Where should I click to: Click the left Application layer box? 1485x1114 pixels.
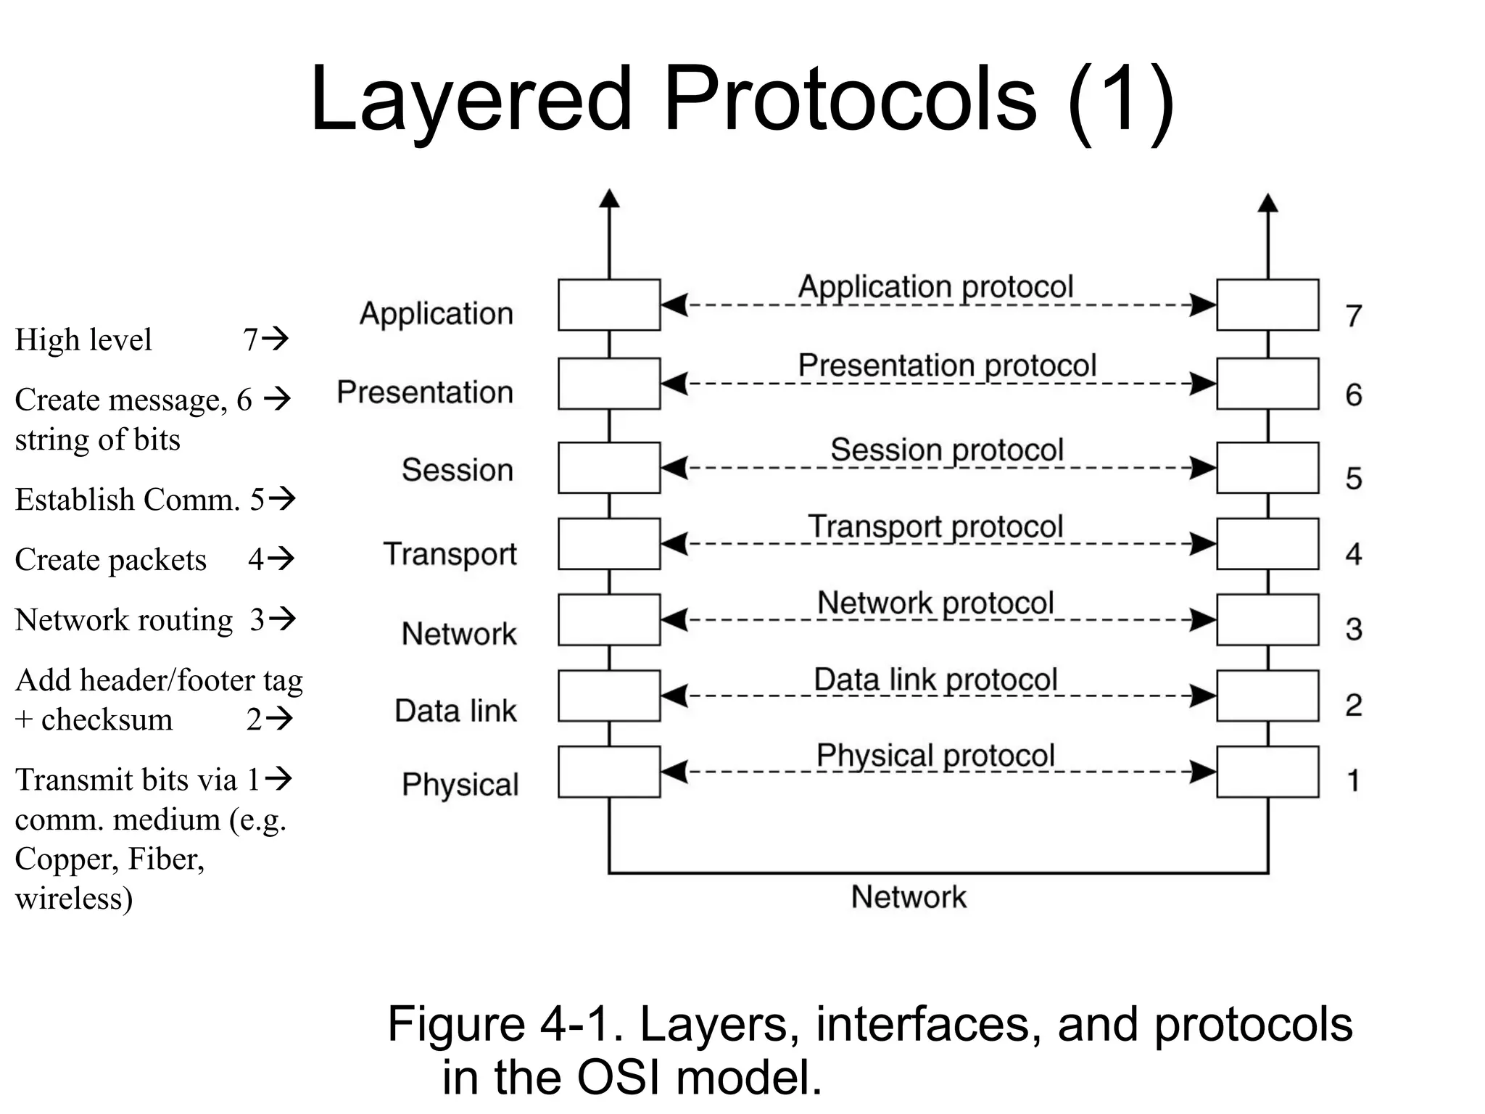609,305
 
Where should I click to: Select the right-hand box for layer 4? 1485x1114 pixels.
1267,543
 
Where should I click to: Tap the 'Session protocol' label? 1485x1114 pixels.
946,450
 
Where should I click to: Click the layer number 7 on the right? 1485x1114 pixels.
1353,316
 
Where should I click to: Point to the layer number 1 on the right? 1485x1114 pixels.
1353,781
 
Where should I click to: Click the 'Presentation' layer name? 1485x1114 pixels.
425,392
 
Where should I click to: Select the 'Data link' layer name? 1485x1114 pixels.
455,711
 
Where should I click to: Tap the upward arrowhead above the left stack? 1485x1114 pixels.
609,199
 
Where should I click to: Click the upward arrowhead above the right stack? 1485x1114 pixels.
1267,203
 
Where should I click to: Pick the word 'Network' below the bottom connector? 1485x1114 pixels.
909,897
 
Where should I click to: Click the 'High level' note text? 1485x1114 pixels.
83,339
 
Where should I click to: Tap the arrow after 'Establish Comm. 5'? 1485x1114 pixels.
282,498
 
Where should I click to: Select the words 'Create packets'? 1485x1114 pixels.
110,560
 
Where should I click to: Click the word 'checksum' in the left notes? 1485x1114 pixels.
107,720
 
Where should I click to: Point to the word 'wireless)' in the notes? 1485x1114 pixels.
74,899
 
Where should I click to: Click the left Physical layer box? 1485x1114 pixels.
609,772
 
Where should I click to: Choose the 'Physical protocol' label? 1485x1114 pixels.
935,756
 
